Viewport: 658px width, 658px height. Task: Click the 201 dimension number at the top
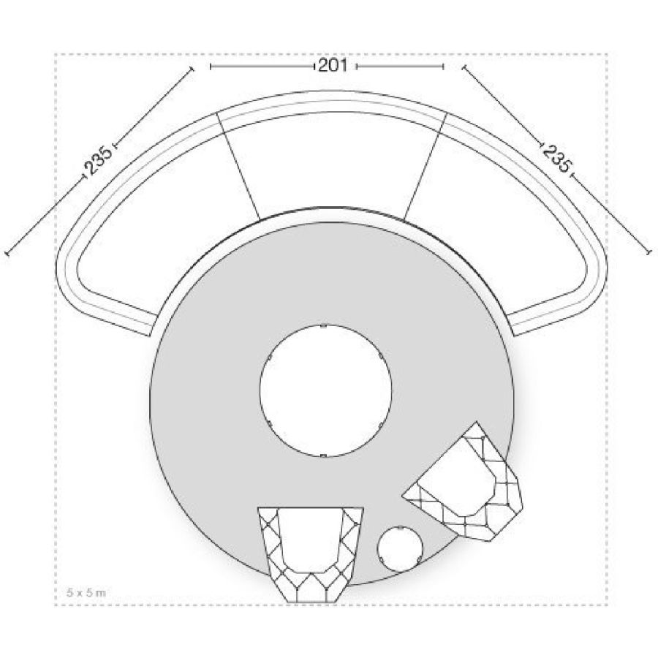(333, 66)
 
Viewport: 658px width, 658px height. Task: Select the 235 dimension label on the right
(556, 158)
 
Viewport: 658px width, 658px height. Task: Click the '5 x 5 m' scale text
(86, 592)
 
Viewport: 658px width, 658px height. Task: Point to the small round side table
(400, 549)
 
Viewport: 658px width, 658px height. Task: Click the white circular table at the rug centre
(325, 390)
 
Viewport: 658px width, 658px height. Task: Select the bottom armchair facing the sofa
(310, 555)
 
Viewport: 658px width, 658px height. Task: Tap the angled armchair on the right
(466, 483)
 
